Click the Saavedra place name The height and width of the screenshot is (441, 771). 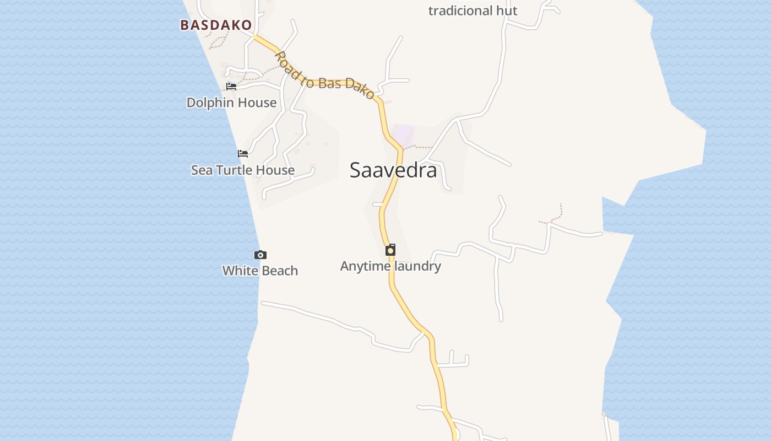coord(393,170)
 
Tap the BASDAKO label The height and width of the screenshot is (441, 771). coord(216,25)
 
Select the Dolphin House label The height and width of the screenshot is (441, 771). coord(231,103)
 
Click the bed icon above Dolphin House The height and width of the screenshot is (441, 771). coord(231,86)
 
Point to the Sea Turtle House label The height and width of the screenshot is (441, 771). coord(242,170)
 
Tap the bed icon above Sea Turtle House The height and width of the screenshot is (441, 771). coord(243,154)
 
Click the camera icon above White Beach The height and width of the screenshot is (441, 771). coord(260,255)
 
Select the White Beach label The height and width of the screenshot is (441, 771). coord(260,271)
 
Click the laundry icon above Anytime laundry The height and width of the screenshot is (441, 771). coord(390,250)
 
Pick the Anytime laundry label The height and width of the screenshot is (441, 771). coord(390,266)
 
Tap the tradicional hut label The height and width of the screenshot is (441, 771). coord(473,10)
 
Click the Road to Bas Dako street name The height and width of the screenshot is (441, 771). coord(325,77)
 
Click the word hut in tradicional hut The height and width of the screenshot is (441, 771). coord(507,10)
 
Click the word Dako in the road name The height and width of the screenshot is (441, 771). coord(362,90)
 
